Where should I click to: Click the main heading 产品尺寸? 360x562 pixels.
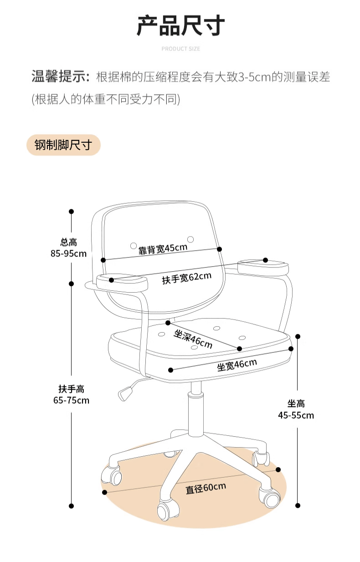coord(180,26)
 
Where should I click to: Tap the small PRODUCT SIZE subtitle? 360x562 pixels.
coord(180,49)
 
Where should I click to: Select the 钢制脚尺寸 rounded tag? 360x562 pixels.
coord(63,145)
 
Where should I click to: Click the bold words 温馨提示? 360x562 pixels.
coord(60,77)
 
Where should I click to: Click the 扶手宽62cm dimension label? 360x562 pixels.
coord(186,278)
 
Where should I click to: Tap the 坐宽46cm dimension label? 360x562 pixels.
coord(237,365)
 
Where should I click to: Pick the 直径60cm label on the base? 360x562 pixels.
coord(206,488)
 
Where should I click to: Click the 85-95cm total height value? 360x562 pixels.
coord(68,253)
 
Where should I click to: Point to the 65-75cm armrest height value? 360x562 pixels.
coord(71,401)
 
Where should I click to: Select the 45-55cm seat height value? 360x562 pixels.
coord(296,415)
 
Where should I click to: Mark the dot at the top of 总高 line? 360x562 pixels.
coord(71,211)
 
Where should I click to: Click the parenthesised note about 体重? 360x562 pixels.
coord(106,99)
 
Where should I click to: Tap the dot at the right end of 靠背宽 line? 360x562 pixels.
coord(219,249)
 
